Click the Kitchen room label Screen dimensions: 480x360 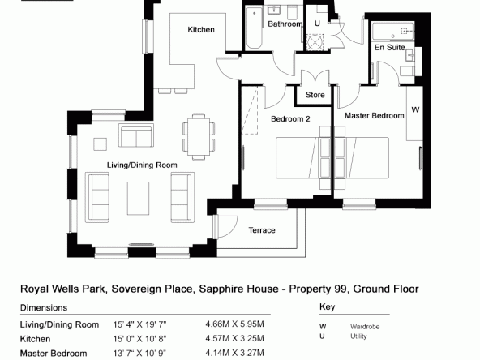[201, 30]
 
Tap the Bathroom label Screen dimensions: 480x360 [285, 24]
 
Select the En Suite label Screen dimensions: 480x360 [390, 48]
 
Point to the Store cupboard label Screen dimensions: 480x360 [315, 95]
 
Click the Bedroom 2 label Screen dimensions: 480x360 [290, 118]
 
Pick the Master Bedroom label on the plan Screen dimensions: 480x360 [375, 116]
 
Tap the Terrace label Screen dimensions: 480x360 [262, 230]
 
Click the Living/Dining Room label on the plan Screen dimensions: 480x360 [142, 165]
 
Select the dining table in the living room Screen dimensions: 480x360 [199, 136]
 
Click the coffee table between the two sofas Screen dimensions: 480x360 [138, 199]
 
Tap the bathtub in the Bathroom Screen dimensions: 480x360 [254, 28]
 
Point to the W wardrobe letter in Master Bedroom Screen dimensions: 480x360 [415, 109]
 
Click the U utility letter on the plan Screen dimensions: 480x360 [317, 24]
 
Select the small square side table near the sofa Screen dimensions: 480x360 [100, 144]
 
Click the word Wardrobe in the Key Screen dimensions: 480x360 [365, 327]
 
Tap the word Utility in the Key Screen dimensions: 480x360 [358, 336]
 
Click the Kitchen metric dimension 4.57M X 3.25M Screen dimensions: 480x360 [234, 339]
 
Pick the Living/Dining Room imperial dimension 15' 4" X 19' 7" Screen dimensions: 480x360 [139, 324]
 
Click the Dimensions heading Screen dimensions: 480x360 [44, 307]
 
